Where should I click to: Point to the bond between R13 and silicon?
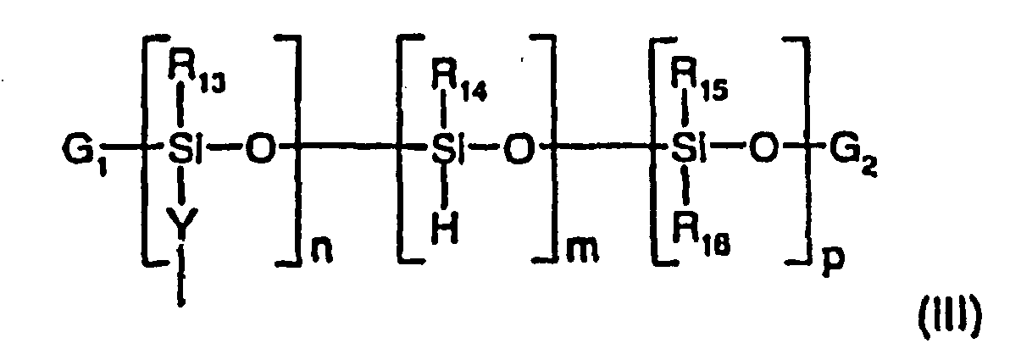coord(181,114)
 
